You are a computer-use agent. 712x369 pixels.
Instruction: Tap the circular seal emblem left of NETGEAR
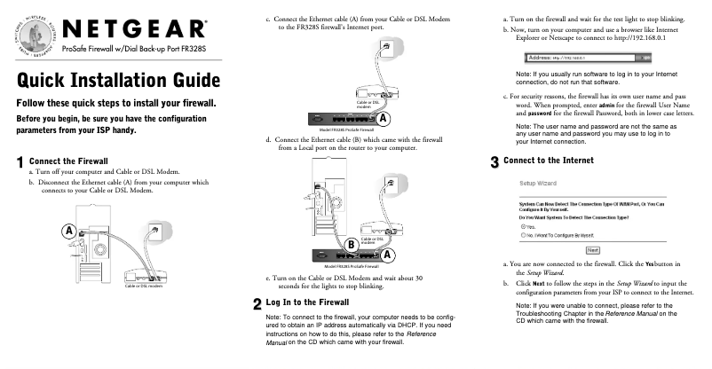tap(29, 30)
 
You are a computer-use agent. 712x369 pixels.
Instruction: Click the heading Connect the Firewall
tap(68, 161)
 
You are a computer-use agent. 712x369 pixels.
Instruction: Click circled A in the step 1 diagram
tap(67, 231)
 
